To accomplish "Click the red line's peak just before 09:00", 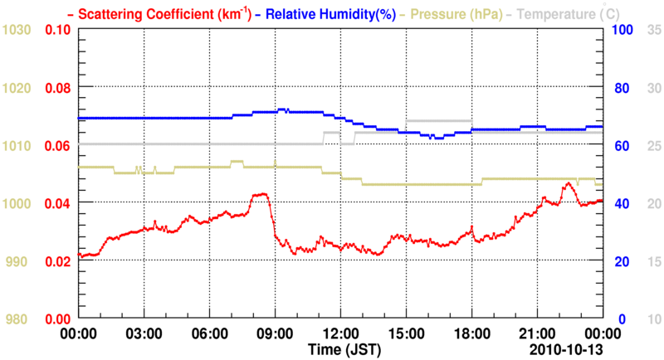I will tap(261, 194).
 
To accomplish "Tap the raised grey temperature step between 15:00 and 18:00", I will tap(438, 122).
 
